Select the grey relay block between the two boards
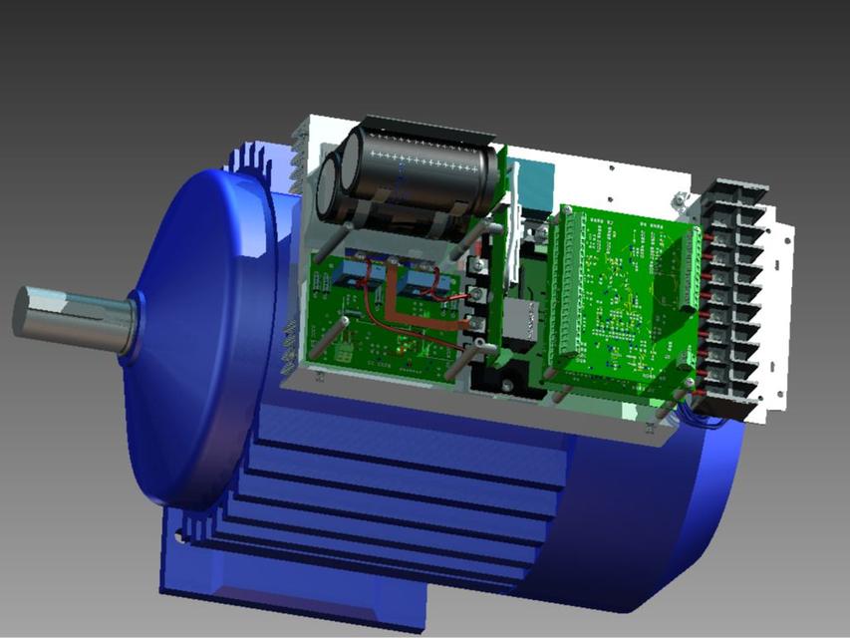click(519, 324)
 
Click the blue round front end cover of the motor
click(199, 329)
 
